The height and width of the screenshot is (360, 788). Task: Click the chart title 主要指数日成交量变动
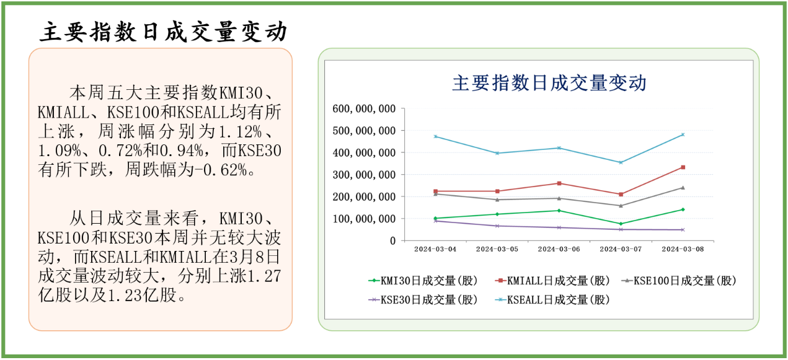pos(549,83)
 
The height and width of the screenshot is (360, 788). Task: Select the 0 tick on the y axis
pos(392,241)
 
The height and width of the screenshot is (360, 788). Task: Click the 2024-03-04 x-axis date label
pos(435,249)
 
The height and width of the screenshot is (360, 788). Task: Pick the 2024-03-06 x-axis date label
pos(559,249)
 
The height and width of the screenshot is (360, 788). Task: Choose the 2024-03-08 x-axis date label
pos(683,249)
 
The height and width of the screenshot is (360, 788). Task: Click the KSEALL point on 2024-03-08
pos(683,134)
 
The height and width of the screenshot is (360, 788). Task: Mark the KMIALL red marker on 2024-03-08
pos(683,167)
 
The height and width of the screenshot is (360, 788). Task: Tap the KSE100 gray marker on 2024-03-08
pos(683,188)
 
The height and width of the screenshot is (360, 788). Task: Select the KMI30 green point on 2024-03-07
pos(621,224)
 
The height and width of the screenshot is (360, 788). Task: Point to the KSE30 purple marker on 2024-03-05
pos(497,226)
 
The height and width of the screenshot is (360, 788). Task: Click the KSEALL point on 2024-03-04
pos(435,136)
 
